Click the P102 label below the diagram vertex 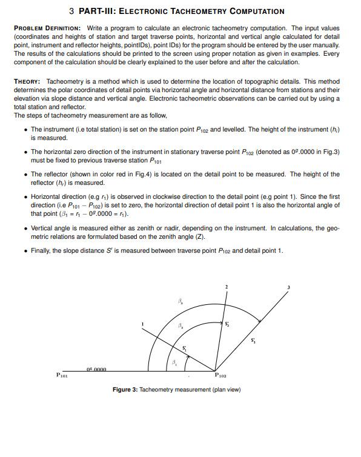click(x=222, y=376)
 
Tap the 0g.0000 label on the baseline click(x=97, y=369)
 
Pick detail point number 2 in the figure click(x=227, y=286)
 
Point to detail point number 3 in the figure click(x=289, y=287)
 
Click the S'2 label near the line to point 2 click(x=227, y=324)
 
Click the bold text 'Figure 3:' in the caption click(x=125, y=390)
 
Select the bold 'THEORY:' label click(x=27, y=81)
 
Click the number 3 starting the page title click(x=72, y=11)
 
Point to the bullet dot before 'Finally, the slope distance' click(x=24, y=252)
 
